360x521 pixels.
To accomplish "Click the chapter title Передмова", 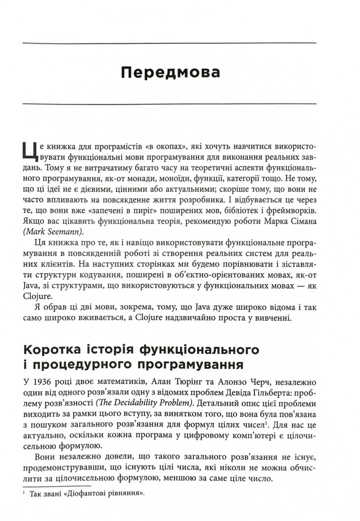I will (x=170, y=73).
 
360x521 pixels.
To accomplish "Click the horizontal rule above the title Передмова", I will (x=169, y=43).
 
